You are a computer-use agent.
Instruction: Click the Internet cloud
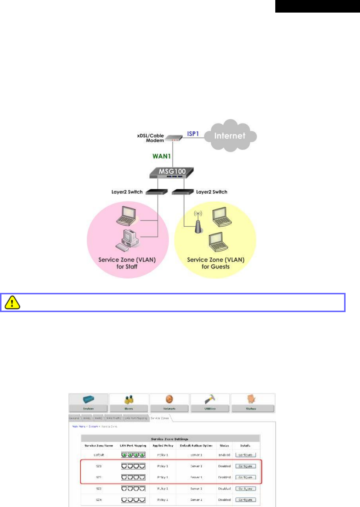pos(230,136)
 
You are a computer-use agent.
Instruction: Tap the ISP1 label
pos(193,133)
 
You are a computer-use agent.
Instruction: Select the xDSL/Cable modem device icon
pos(174,138)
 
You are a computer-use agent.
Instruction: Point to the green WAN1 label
pos(162,156)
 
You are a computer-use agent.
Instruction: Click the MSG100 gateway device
pos(172,172)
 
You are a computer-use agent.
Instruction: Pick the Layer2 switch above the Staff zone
pos(156,192)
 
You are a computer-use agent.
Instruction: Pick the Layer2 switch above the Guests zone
pos(183,192)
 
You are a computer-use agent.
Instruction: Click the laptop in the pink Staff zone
pos(126,216)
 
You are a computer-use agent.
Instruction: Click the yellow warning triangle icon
pos(12,302)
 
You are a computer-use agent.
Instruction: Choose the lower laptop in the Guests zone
pos(218,242)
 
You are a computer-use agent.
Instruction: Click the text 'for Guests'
pos(215,267)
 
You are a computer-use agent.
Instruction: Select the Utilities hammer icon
pos(210,399)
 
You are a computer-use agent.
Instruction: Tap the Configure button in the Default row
pos(245,455)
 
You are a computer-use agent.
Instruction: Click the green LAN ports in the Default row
pos(133,455)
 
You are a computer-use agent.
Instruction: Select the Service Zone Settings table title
pos(169,439)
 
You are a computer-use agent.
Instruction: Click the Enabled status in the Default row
pos(224,455)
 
